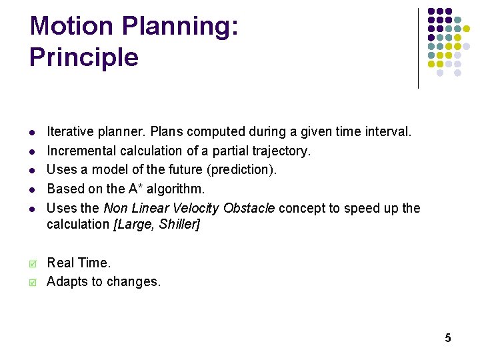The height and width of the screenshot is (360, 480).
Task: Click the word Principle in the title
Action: [84, 57]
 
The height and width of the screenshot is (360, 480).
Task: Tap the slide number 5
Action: [448, 338]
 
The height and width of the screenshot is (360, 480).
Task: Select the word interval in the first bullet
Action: [387, 132]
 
